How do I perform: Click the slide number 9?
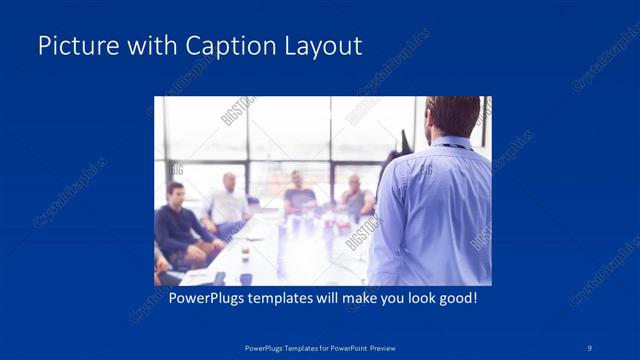(590, 347)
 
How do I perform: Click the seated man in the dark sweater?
(177, 220)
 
